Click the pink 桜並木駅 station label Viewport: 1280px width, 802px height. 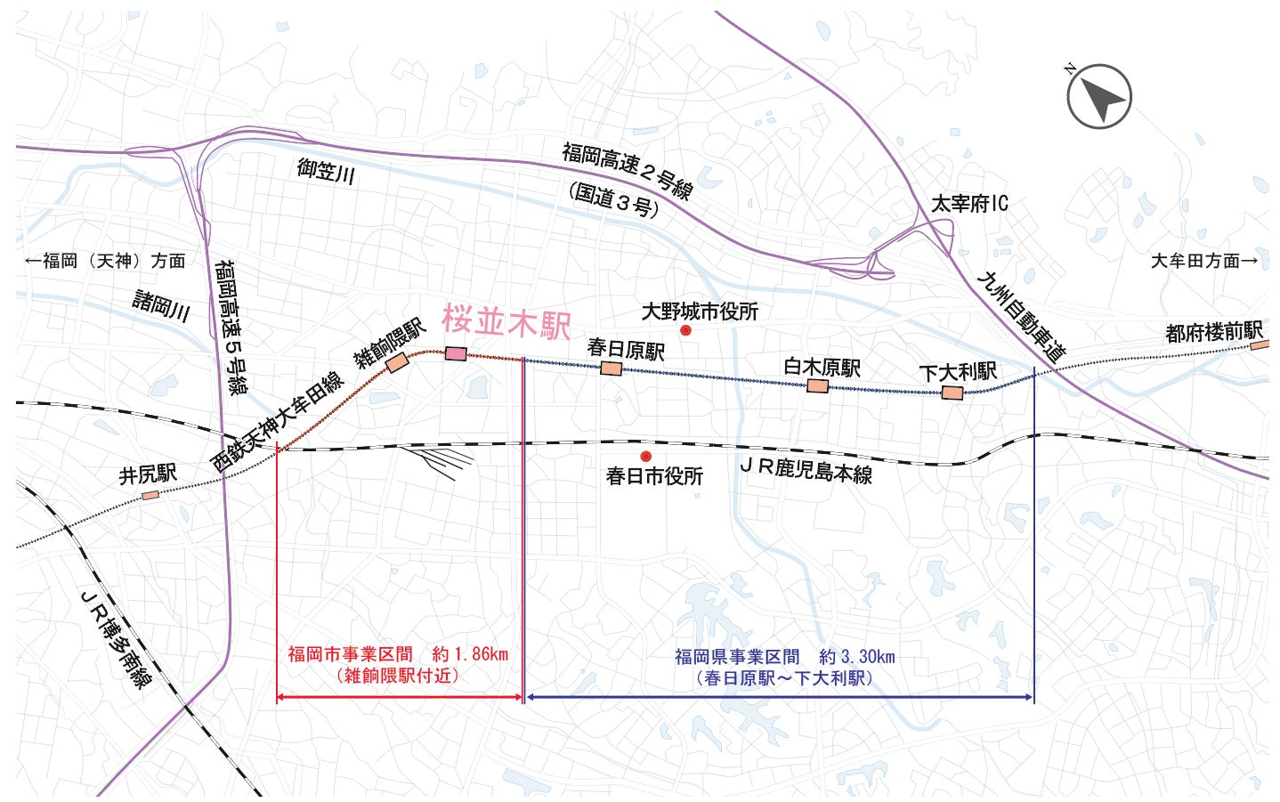tap(506, 321)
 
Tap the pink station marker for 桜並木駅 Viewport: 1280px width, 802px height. tap(456, 353)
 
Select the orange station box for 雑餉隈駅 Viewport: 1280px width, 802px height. tap(397, 363)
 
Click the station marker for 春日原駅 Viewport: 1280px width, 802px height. tap(611, 369)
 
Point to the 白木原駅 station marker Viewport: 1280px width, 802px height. tap(817, 386)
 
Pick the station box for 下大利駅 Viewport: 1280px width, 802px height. tap(952, 393)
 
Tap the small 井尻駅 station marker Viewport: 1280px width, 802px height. tap(150, 495)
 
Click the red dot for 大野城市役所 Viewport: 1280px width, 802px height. tap(685, 330)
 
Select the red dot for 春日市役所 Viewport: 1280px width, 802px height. tap(645, 457)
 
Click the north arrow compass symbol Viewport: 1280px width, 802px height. tap(1099, 96)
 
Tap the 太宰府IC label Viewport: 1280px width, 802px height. tap(969, 204)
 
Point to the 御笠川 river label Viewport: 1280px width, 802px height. tap(326, 170)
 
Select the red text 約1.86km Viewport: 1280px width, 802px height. tap(470, 654)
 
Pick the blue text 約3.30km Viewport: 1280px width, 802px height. tap(857, 657)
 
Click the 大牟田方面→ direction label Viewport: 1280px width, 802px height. tap(1204, 261)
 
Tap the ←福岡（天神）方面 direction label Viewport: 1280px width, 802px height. tap(106, 261)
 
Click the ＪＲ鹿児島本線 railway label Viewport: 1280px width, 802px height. tap(806, 468)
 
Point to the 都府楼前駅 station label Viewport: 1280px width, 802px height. tap(1214, 332)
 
